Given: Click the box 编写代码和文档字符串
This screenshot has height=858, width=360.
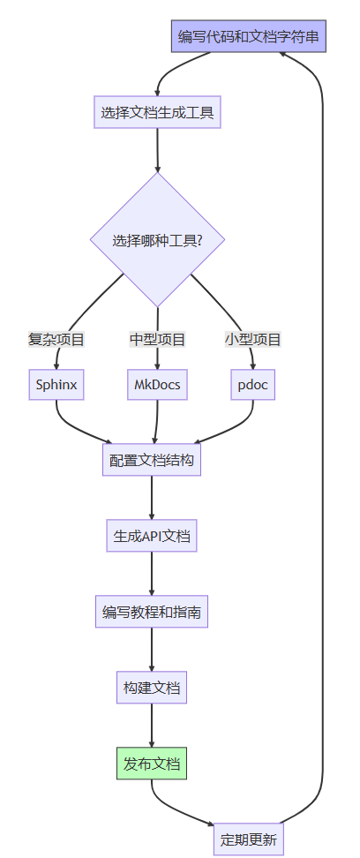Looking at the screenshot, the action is pyautogui.click(x=249, y=36).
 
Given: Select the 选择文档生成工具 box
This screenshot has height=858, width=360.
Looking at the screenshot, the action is pyautogui.click(x=157, y=112).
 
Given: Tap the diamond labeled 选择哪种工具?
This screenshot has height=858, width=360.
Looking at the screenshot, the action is pyautogui.click(x=158, y=240).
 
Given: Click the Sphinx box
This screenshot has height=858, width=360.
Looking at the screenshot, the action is pyautogui.click(x=56, y=384).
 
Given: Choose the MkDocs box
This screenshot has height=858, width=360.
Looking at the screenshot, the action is pyautogui.click(x=158, y=384).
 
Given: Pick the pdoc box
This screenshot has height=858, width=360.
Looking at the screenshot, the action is pyautogui.click(x=252, y=384).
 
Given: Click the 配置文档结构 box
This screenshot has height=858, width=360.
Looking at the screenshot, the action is pyautogui.click(x=152, y=460).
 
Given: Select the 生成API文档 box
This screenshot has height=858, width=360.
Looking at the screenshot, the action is pyautogui.click(x=152, y=536).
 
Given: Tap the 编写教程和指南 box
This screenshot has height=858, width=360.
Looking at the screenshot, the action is pyautogui.click(x=152, y=611).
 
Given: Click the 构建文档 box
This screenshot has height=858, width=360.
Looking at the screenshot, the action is pyautogui.click(x=152, y=688).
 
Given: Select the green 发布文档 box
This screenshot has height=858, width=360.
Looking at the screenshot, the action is pyautogui.click(x=152, y=763).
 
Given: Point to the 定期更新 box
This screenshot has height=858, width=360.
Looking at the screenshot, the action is pyautogui.click(x=249, y=839).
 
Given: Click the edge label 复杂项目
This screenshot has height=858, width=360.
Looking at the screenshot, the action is pyautogui.click(x=56, y=339).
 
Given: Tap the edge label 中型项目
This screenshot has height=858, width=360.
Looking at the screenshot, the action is pyautogui.click(x=158, y=339).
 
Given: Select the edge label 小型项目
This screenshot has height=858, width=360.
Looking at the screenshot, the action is pyautogui.click(x=252, y=339).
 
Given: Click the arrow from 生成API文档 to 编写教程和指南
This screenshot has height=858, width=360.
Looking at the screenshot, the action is pyautogui.click(x=152, y=574).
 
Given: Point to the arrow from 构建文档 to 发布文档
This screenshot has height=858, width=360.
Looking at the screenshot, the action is pyautogui.click(x=152, y=725).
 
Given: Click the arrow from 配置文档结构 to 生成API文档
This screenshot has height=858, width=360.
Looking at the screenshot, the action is pyautogui.click(x=152, y=498).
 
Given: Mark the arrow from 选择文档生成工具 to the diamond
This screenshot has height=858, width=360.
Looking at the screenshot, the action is pyautogui.click(x=158, y=150).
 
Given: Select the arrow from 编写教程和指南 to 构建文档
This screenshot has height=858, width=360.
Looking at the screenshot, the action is pyautogui.click(x=152, y=650).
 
